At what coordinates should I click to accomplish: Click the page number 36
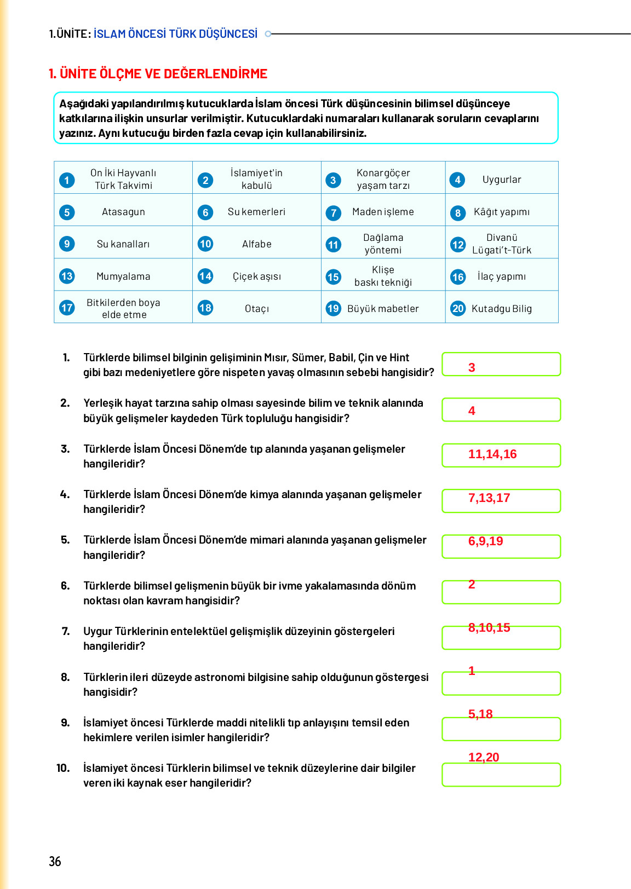(55, 861)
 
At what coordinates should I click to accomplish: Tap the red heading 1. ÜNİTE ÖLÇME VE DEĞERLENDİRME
(158, 74)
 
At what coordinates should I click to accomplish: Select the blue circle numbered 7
(333, 212)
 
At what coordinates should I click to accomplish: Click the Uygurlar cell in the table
(502, 180)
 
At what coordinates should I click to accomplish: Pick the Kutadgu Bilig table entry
(501, 309)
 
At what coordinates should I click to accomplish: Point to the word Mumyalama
(123, 276)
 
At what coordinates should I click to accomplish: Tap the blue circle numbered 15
(333, 277)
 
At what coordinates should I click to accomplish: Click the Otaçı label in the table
(257, 309)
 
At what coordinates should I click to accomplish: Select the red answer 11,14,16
(492, 454)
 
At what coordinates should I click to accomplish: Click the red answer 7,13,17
(489, 498)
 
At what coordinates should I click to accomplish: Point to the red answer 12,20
(483, 758)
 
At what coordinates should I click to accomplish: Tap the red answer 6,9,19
(485, 541)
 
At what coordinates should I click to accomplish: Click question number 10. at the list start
(63, 768)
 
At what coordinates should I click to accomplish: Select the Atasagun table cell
(123, 212)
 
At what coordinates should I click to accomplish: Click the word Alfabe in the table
(257, 244)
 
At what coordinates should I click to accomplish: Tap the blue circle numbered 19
(333, 308)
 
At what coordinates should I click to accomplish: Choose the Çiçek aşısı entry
(257, 276)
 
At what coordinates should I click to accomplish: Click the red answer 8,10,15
(489, 628)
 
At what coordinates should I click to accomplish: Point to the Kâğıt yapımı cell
(501, 212)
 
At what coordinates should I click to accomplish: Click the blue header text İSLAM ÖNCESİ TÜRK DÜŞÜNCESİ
(175, 34)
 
